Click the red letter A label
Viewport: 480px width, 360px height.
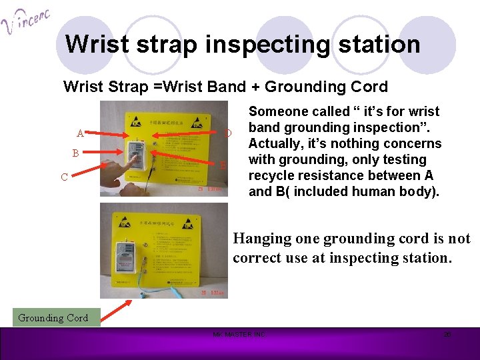[x=79, y=132]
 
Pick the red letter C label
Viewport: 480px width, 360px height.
[x=64, y=177]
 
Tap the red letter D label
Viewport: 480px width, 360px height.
[x=227, y=133]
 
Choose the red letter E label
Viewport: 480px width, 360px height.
[x=224, y=165]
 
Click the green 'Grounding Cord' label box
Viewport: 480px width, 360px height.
[x=53, y=318]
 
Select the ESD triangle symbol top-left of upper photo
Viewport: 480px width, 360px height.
[x=134, y=122]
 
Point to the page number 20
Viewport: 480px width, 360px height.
[x=447, y=334]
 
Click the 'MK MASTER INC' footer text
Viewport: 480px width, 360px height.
[x=239, y=334]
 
